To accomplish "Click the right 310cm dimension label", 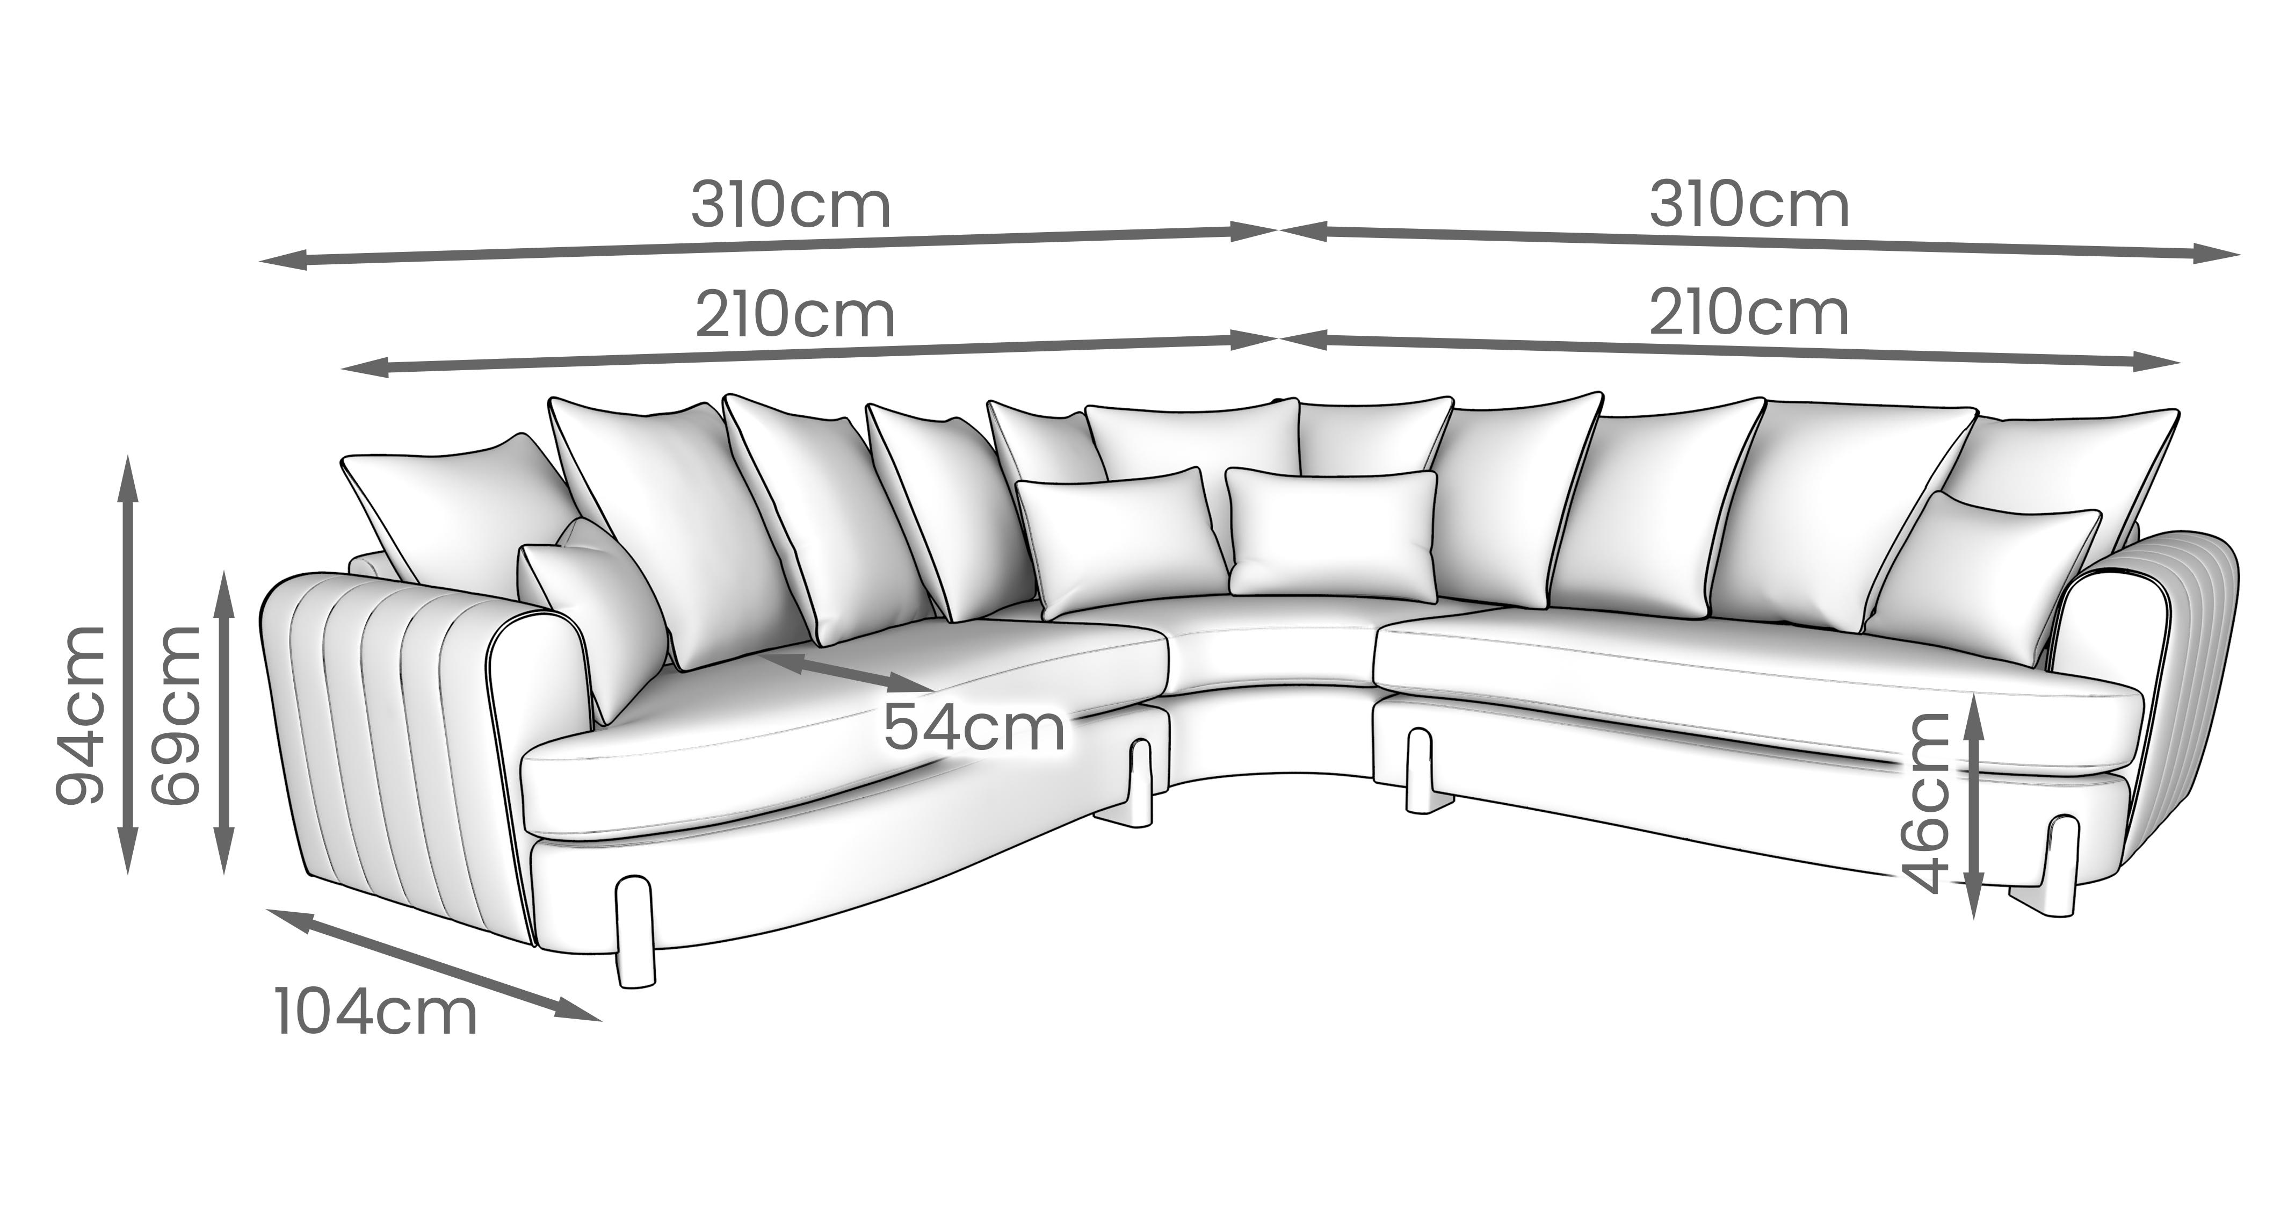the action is pos(1749,207).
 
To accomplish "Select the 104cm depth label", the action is pos(376,1012).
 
